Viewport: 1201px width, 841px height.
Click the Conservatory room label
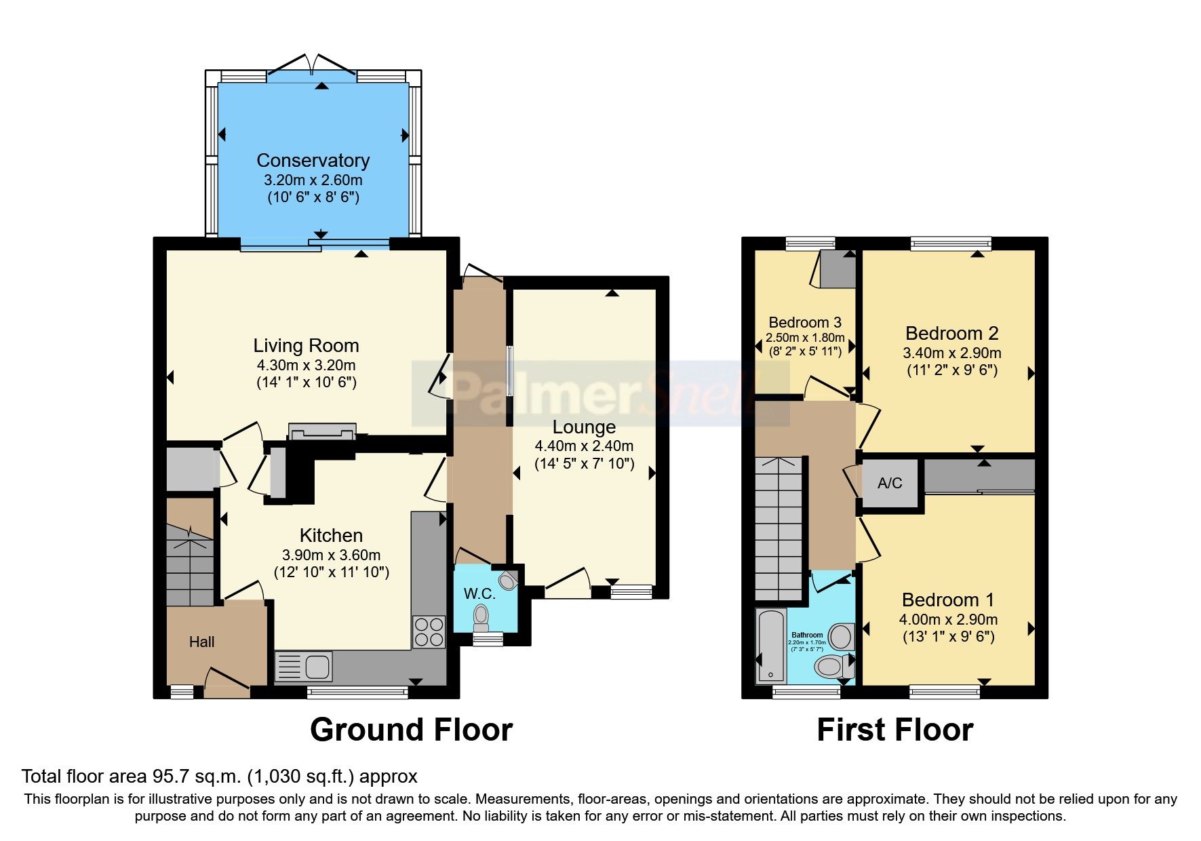(313, 161)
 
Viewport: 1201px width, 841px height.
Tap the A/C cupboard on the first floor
(890, 483)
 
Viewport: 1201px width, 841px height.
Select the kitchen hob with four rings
(429, 631)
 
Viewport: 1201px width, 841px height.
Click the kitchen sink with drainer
(304, 667)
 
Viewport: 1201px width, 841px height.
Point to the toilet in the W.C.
(481, 615)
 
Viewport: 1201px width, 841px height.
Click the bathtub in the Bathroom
(770, 646)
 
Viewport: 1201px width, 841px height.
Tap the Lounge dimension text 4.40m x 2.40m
(584, 446)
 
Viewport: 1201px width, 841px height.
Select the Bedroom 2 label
(951, 334)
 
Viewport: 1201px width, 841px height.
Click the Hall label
(201, 642)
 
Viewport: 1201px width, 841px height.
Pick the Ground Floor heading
(411, 730)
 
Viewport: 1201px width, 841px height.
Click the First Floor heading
(894, 730)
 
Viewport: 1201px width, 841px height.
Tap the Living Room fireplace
(322, 431)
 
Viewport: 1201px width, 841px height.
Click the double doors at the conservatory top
(311, 65)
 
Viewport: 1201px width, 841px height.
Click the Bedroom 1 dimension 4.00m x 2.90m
(948, 619)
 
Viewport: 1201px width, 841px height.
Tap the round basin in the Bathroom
(842, 637)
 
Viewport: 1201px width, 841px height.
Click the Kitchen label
(331, 536)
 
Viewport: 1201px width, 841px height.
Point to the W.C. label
(479, 594)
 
